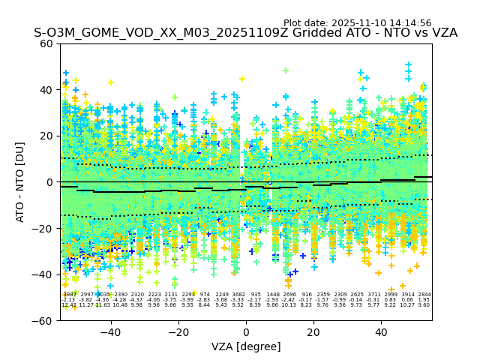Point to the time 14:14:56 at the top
click(x=410, y=23)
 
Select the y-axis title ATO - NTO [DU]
click(x=21, y=181)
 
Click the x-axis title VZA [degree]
click(x=246, y=346)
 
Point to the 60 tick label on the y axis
click(x=46, y=43)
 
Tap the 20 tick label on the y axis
click(x=46, y=136)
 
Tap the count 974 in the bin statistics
click(x=205, y=295)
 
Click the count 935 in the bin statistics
click(x=256, y=295)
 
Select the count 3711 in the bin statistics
click(x=373, y=295)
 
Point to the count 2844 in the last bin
click(x=424, y=295)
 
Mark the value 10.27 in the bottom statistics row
click(x=407, y=305)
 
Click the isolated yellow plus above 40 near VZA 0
click(x=242, y=79)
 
